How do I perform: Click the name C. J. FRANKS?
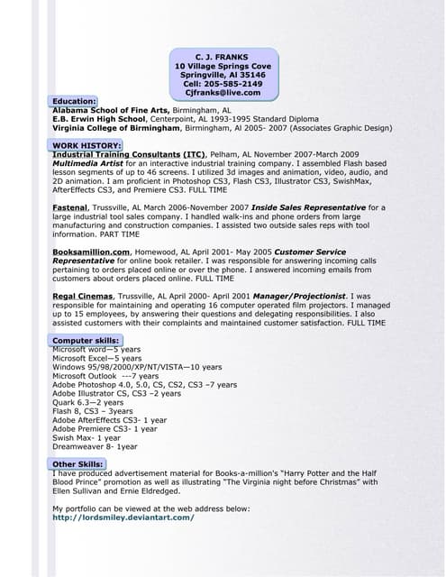[x=222, y=57]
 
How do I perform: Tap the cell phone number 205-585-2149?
[x=235, y=84]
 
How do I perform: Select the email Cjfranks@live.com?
[x=223, y=93]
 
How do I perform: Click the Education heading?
[x=74, y=102]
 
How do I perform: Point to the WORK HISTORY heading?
[x=86, y=145]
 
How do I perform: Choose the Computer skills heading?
[x=86, y=340]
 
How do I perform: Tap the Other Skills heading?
[x=77, y=463]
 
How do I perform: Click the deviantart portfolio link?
[x=123, y=517]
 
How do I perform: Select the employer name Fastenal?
[x=76, y=207]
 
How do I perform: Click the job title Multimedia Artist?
[x=87, y=163]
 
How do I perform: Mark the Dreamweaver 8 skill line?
[x=95, y=445]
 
